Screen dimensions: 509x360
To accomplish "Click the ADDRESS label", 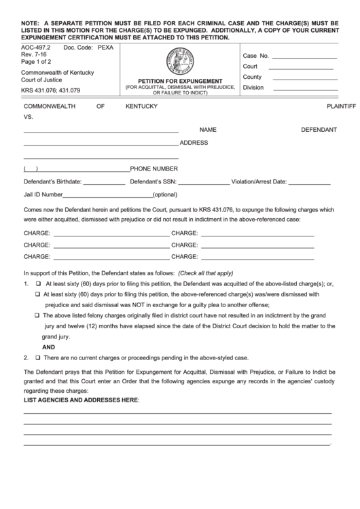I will coord(194,143).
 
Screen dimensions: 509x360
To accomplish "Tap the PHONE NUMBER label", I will coord(154,169).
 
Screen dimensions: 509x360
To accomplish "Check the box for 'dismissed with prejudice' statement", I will coord(38,295).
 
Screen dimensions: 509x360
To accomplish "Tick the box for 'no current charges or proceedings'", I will coord(38,357).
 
